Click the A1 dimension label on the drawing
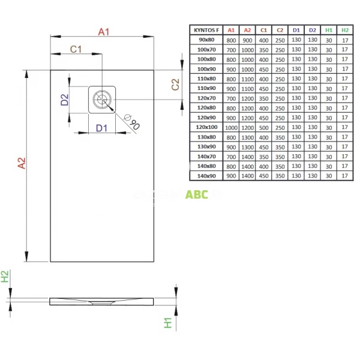[x=104, y=31]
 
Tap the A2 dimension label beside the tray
[x=20, y=163]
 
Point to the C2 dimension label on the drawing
[x=175, y=85]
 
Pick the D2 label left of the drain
[x=64, y=100]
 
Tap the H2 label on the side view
[x=5, y=277]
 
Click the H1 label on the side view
[x=169, y=323]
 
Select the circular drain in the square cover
[x=103, y=98]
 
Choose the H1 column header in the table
[x=328, y=29]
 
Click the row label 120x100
[x=207, y=127]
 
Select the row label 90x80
[x=207, y=39]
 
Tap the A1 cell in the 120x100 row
[x=231, y=127]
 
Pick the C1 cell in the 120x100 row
[x=263, y=127]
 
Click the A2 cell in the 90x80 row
[x=247, y=39]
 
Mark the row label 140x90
[x=207, y=176]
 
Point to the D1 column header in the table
[x=295, y=29]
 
